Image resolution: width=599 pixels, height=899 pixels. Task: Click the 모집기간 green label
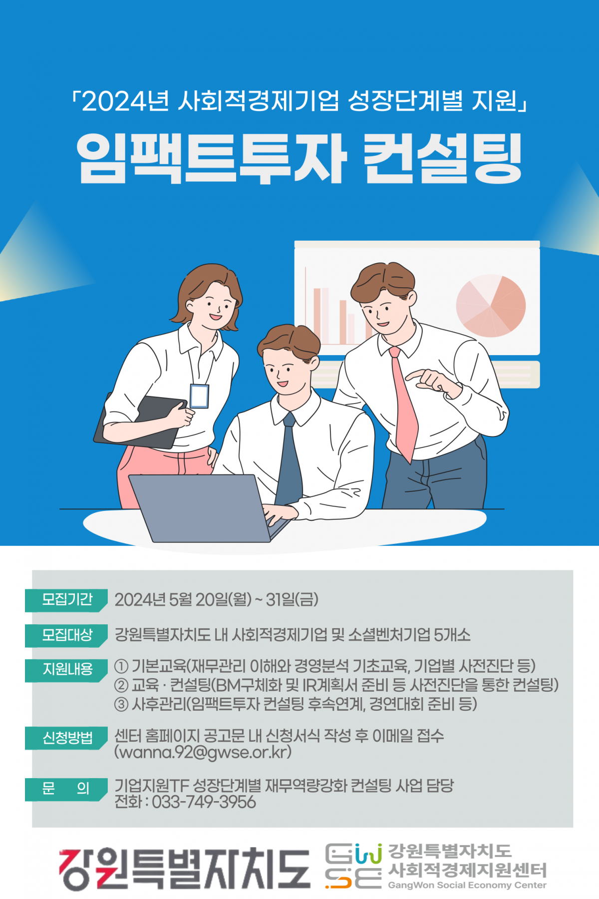(x=66, y=600)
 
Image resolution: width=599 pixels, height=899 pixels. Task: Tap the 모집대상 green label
(x=66, y=635)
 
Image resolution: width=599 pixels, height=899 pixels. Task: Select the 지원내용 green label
(x=66, y=670)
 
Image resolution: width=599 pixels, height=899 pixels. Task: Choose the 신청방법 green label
(x=66, y=738)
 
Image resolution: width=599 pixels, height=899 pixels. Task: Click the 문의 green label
(x=66, y=789)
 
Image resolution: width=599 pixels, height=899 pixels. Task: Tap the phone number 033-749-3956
(x=204, y=802)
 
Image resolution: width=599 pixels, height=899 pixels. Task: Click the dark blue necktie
(x=289, y=459)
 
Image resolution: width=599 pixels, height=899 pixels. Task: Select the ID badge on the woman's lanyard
(x=199, y=396)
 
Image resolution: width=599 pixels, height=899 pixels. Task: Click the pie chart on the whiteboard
(x=491, y=305)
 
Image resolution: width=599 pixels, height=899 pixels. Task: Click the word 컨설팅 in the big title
(x=442, y=159)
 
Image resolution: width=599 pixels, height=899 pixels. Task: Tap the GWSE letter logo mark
(x=353, y=866)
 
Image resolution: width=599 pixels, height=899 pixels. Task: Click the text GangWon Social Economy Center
(x=467, y=885)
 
